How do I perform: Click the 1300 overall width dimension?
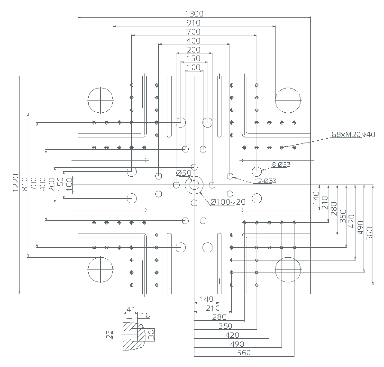(194, 14)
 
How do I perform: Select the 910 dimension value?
(194, 23)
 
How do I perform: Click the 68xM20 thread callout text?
(353, 134)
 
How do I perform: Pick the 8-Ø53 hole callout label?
(281, 164)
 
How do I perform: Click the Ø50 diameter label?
(184, 173)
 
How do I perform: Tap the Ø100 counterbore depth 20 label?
(228, 202)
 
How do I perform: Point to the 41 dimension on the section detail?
(130, 309)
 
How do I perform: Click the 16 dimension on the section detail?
(145, 315)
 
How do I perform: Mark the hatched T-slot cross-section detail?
(133, 336)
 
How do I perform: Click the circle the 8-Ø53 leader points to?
(257, 171)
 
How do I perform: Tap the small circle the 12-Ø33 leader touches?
(230, 176)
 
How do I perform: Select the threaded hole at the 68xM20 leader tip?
(282, 147)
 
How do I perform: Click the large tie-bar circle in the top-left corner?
(100, 100)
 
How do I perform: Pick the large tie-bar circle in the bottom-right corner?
(288, 269)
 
